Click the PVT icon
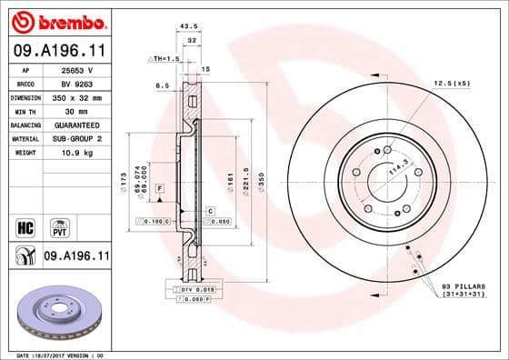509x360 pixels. point(61,225)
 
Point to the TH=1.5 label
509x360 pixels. point(165,58)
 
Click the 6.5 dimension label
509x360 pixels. point(162,85)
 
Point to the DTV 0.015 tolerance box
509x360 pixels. point(191,288)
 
